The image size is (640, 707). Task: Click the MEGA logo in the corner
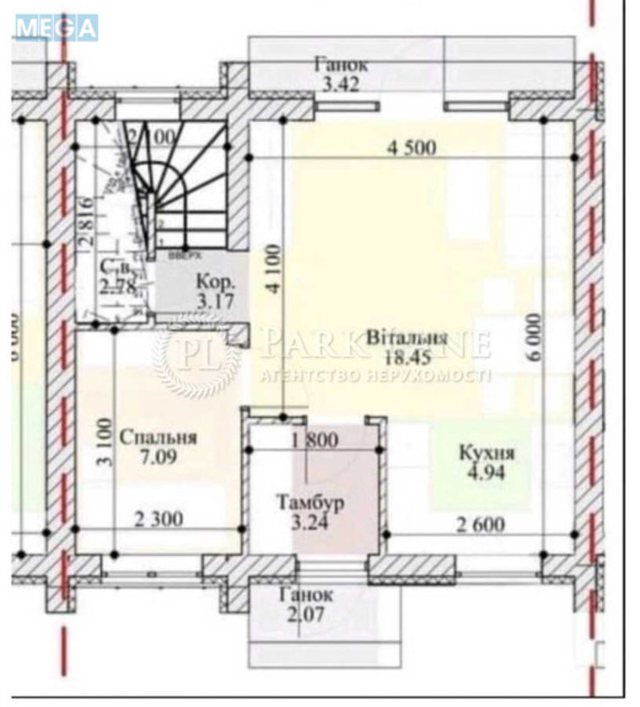pyautogui.click(x=56, y=27)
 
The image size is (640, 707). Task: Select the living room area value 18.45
pyautogui.click(x=406, y=357)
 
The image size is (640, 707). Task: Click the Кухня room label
pyautogui.click(x=486, y=453)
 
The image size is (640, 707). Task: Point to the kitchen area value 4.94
pyautogui.click(x=486, y=471)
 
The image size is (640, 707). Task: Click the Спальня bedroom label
pyautogui.click(x=158, y=437)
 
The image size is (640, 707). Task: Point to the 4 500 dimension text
pyautogui.click(x=411, y=148)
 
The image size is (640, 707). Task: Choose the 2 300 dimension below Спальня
pyautogui.click(x=159, y=520)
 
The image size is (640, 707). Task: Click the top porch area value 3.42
pyautogui.click(x=340, y=85)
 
